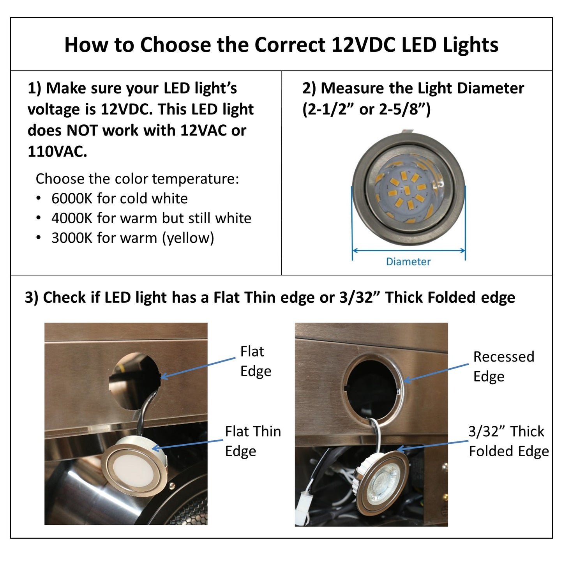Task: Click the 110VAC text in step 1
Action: click(x=57, y=152)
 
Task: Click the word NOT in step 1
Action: click(x=84, y=131)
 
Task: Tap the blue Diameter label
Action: click(x=408, y=262)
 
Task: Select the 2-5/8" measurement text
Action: click(x=405, y=109)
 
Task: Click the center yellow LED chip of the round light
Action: click(x=407, y=190)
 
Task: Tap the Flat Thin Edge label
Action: click(x=252, y=441)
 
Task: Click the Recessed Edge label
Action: click(x=503, y=367)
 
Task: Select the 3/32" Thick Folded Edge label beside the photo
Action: click(x=508, y=441)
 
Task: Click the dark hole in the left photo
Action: click(x=134, y=380)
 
